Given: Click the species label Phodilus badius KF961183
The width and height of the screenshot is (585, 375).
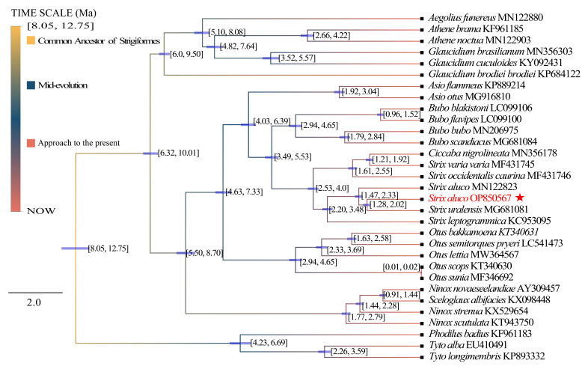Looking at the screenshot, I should pyautogui.click(x=480, y=333).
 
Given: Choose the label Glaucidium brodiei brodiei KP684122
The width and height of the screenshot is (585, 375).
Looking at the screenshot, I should pyautogui.click(x=501, y=73).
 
